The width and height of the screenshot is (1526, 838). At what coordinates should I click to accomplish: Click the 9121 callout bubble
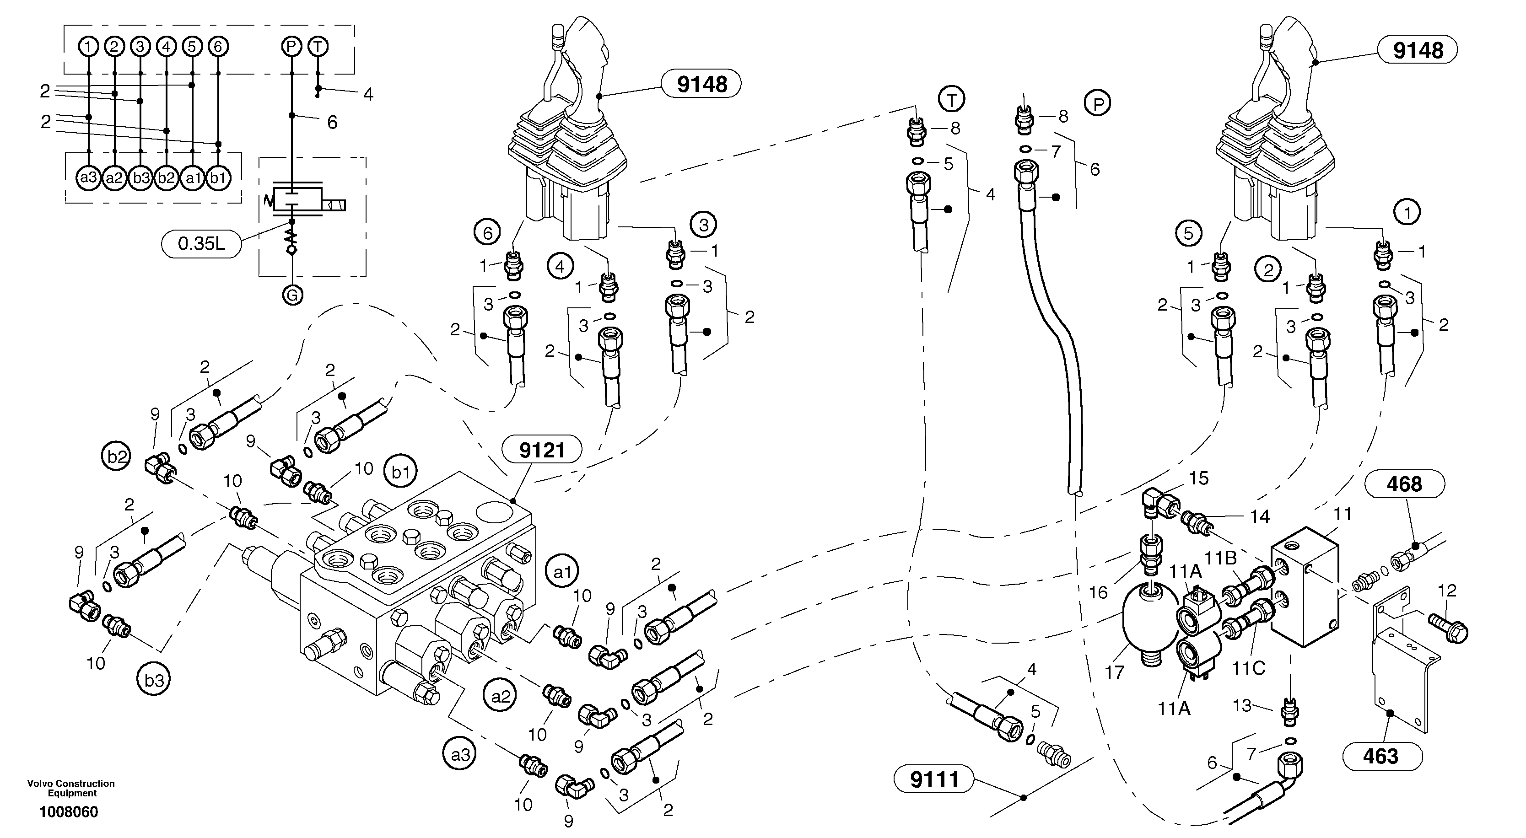pyautogui.click(x=541, y=450)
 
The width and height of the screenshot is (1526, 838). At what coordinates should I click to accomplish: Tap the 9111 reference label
pyautogui.click(x=934, y=779)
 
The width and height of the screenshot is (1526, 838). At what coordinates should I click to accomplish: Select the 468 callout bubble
pyautogui.click(x=1404, y=484)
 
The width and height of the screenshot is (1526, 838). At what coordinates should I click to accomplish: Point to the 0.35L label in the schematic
pyautogui.click(x=201, y=243)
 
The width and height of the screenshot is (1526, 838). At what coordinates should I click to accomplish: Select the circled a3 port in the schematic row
pyautogui.click(x=89, y=177)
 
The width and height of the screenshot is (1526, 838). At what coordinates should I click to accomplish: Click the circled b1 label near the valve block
pyautogui.click(x=401, y=472)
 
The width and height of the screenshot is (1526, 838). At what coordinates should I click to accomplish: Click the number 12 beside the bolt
pyautogui.click(x=1447, y=591)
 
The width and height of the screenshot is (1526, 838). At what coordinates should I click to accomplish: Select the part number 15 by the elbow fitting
pyautogui.click(x=1199, y=478)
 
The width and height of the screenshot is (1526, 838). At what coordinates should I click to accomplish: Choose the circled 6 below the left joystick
pyautogui.click(x=487, y=233)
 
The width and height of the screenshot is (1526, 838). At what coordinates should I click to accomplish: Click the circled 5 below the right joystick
pyautogui.click(x=1189, y=233)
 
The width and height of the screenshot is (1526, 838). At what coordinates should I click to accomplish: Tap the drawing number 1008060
pyautogui.click(x=69, y=812)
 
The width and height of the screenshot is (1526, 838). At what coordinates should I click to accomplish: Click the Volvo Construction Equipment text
pyautogui.click(x=71, y=788)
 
